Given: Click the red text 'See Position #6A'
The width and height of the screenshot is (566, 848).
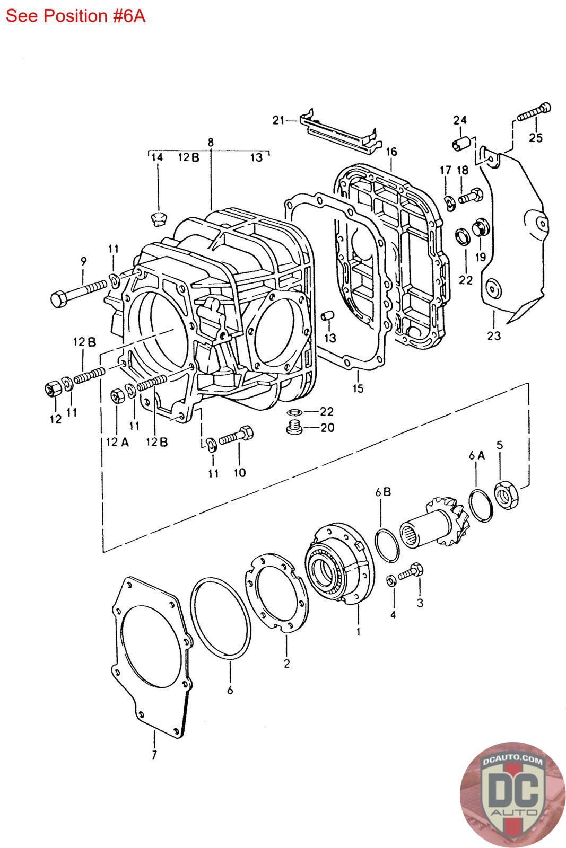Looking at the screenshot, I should [75, 16].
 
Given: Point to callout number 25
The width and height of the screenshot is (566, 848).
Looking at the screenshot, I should [536, 138].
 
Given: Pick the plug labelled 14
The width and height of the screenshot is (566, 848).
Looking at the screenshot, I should [158, 217].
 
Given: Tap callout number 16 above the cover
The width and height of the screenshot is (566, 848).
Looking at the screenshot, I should [391, 152].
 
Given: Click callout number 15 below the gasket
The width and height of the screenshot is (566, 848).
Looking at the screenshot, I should [358, 388].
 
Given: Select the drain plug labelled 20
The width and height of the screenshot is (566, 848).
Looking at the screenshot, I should [295, 427].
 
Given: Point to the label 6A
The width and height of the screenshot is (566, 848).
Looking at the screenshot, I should [476, 455].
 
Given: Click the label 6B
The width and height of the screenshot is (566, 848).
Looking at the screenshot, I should [383, 492].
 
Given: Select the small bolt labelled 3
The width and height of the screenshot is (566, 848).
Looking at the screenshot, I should [411, 571].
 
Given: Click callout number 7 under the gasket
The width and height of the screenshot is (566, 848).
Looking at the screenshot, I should [154, 756].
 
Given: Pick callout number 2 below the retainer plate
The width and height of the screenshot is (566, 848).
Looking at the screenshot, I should [287, 663].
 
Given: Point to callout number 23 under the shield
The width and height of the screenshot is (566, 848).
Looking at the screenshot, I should [494, 335].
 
